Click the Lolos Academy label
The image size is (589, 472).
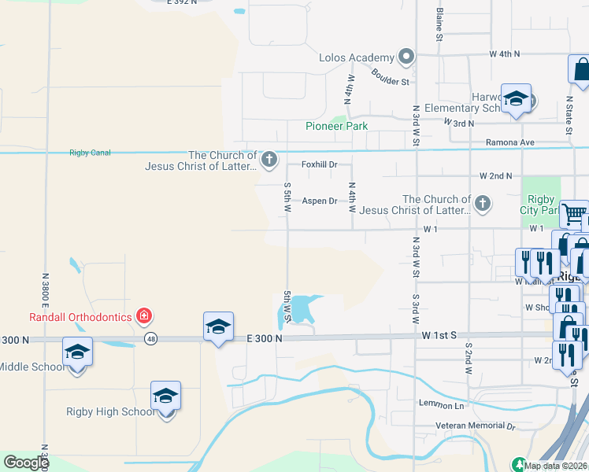click(x=356, y=57)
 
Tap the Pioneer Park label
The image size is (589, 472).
click(x=337, y=126)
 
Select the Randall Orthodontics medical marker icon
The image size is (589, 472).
click(x=143, y=316)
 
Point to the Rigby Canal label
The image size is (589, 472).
click(x=90, y=153)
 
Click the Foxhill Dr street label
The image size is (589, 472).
click(x=320, y=164)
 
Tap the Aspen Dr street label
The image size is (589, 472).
click(x=320, y=201)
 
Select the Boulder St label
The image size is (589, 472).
click(x=391, y=80)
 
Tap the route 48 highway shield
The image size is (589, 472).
click(x=150, y=339)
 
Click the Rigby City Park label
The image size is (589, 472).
click(x=539, y=204)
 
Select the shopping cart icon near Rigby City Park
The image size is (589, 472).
click(x=573, y=212)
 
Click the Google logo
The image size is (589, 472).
click(x=26, y=463)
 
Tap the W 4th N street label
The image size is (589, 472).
click(x=505, y=54)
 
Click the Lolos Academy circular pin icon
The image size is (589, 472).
click(x=406, y=57)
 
